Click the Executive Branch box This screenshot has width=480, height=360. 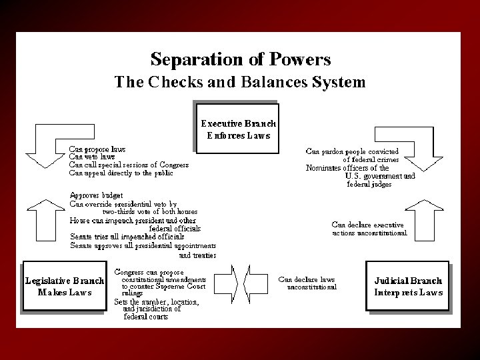click(239, 129)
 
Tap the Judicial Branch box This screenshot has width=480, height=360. click(408, 286)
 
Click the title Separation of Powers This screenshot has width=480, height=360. click(241, 60)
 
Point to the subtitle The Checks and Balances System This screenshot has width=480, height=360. click(240, 83)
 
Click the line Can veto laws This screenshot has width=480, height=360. click(92, 157)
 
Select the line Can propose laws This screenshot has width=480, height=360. click(97, 149)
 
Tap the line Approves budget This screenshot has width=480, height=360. click(97, 196)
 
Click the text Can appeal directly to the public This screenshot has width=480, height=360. click(121, 173)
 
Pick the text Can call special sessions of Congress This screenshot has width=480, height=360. click(129, 165)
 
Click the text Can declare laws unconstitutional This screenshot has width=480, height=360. click(307, 283)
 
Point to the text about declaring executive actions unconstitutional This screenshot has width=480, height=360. click(369, 229)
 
